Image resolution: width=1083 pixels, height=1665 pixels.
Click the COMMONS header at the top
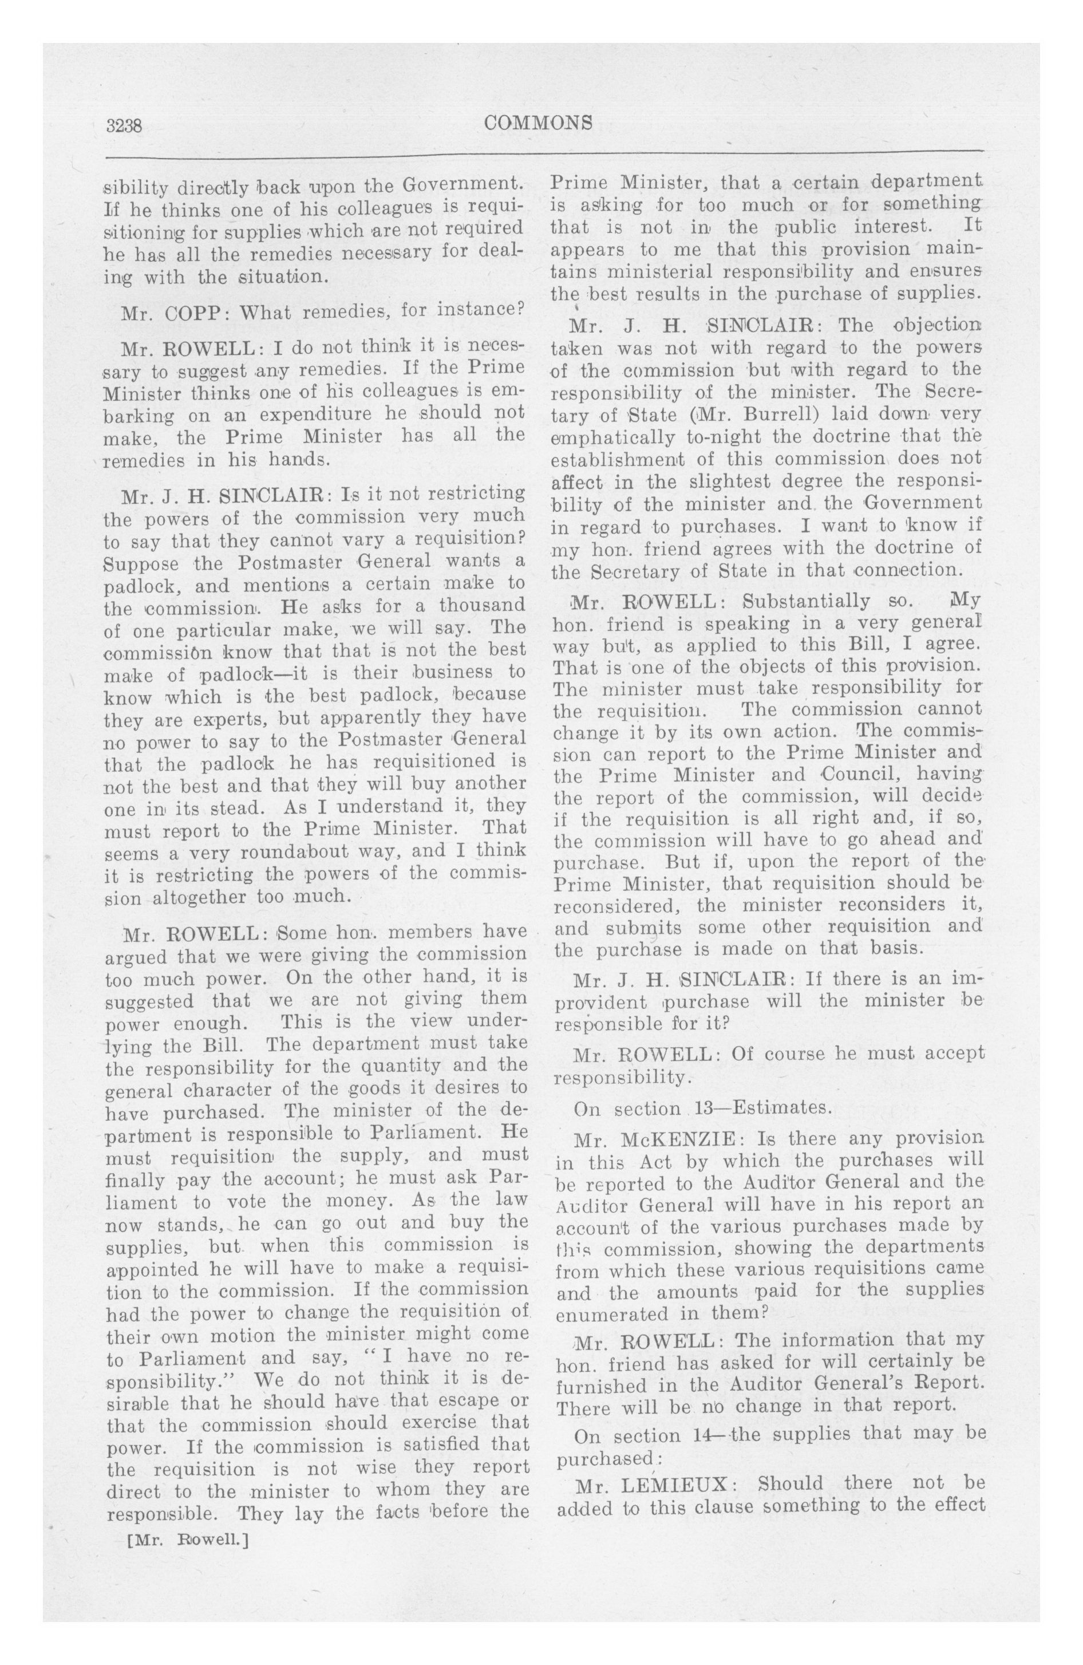pos(538,123)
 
